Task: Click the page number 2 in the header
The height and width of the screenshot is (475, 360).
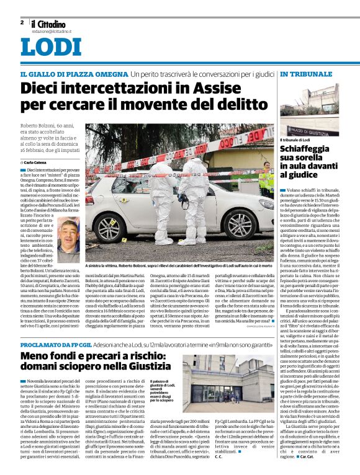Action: (22, 22)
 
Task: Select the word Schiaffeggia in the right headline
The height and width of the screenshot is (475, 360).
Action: (310, 150)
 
